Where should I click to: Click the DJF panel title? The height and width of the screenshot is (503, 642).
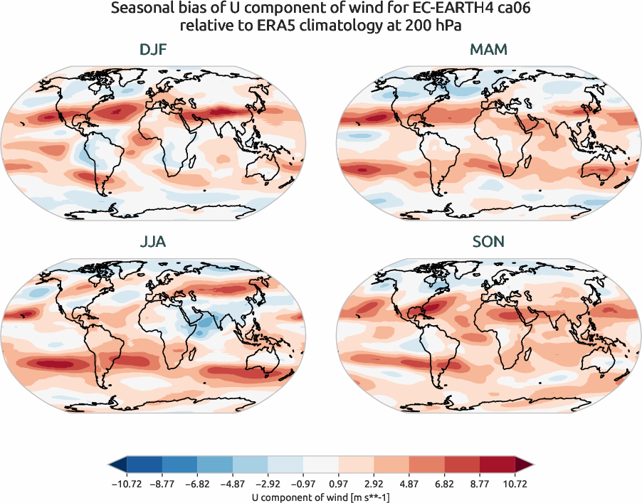pyautogui.click(x=154, y=50)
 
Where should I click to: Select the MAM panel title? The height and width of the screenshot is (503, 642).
pyautogui.click(x=488, y=50)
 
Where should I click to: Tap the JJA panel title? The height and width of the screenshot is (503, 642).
pyautogui.click(x=154, y=242)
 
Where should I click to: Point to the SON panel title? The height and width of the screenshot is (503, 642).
pyautogui.click(x=488, y=242)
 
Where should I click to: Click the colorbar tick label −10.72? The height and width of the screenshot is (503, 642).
pyautogui.click(x=126, y=482)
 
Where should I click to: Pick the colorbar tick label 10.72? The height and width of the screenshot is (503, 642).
pyautogui.click(x=516, y=482)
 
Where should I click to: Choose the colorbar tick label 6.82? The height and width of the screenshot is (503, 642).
pyautogui.click(x=445, y=482)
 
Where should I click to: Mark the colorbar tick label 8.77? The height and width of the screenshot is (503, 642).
pyautogui.click(x=480, y=482)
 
